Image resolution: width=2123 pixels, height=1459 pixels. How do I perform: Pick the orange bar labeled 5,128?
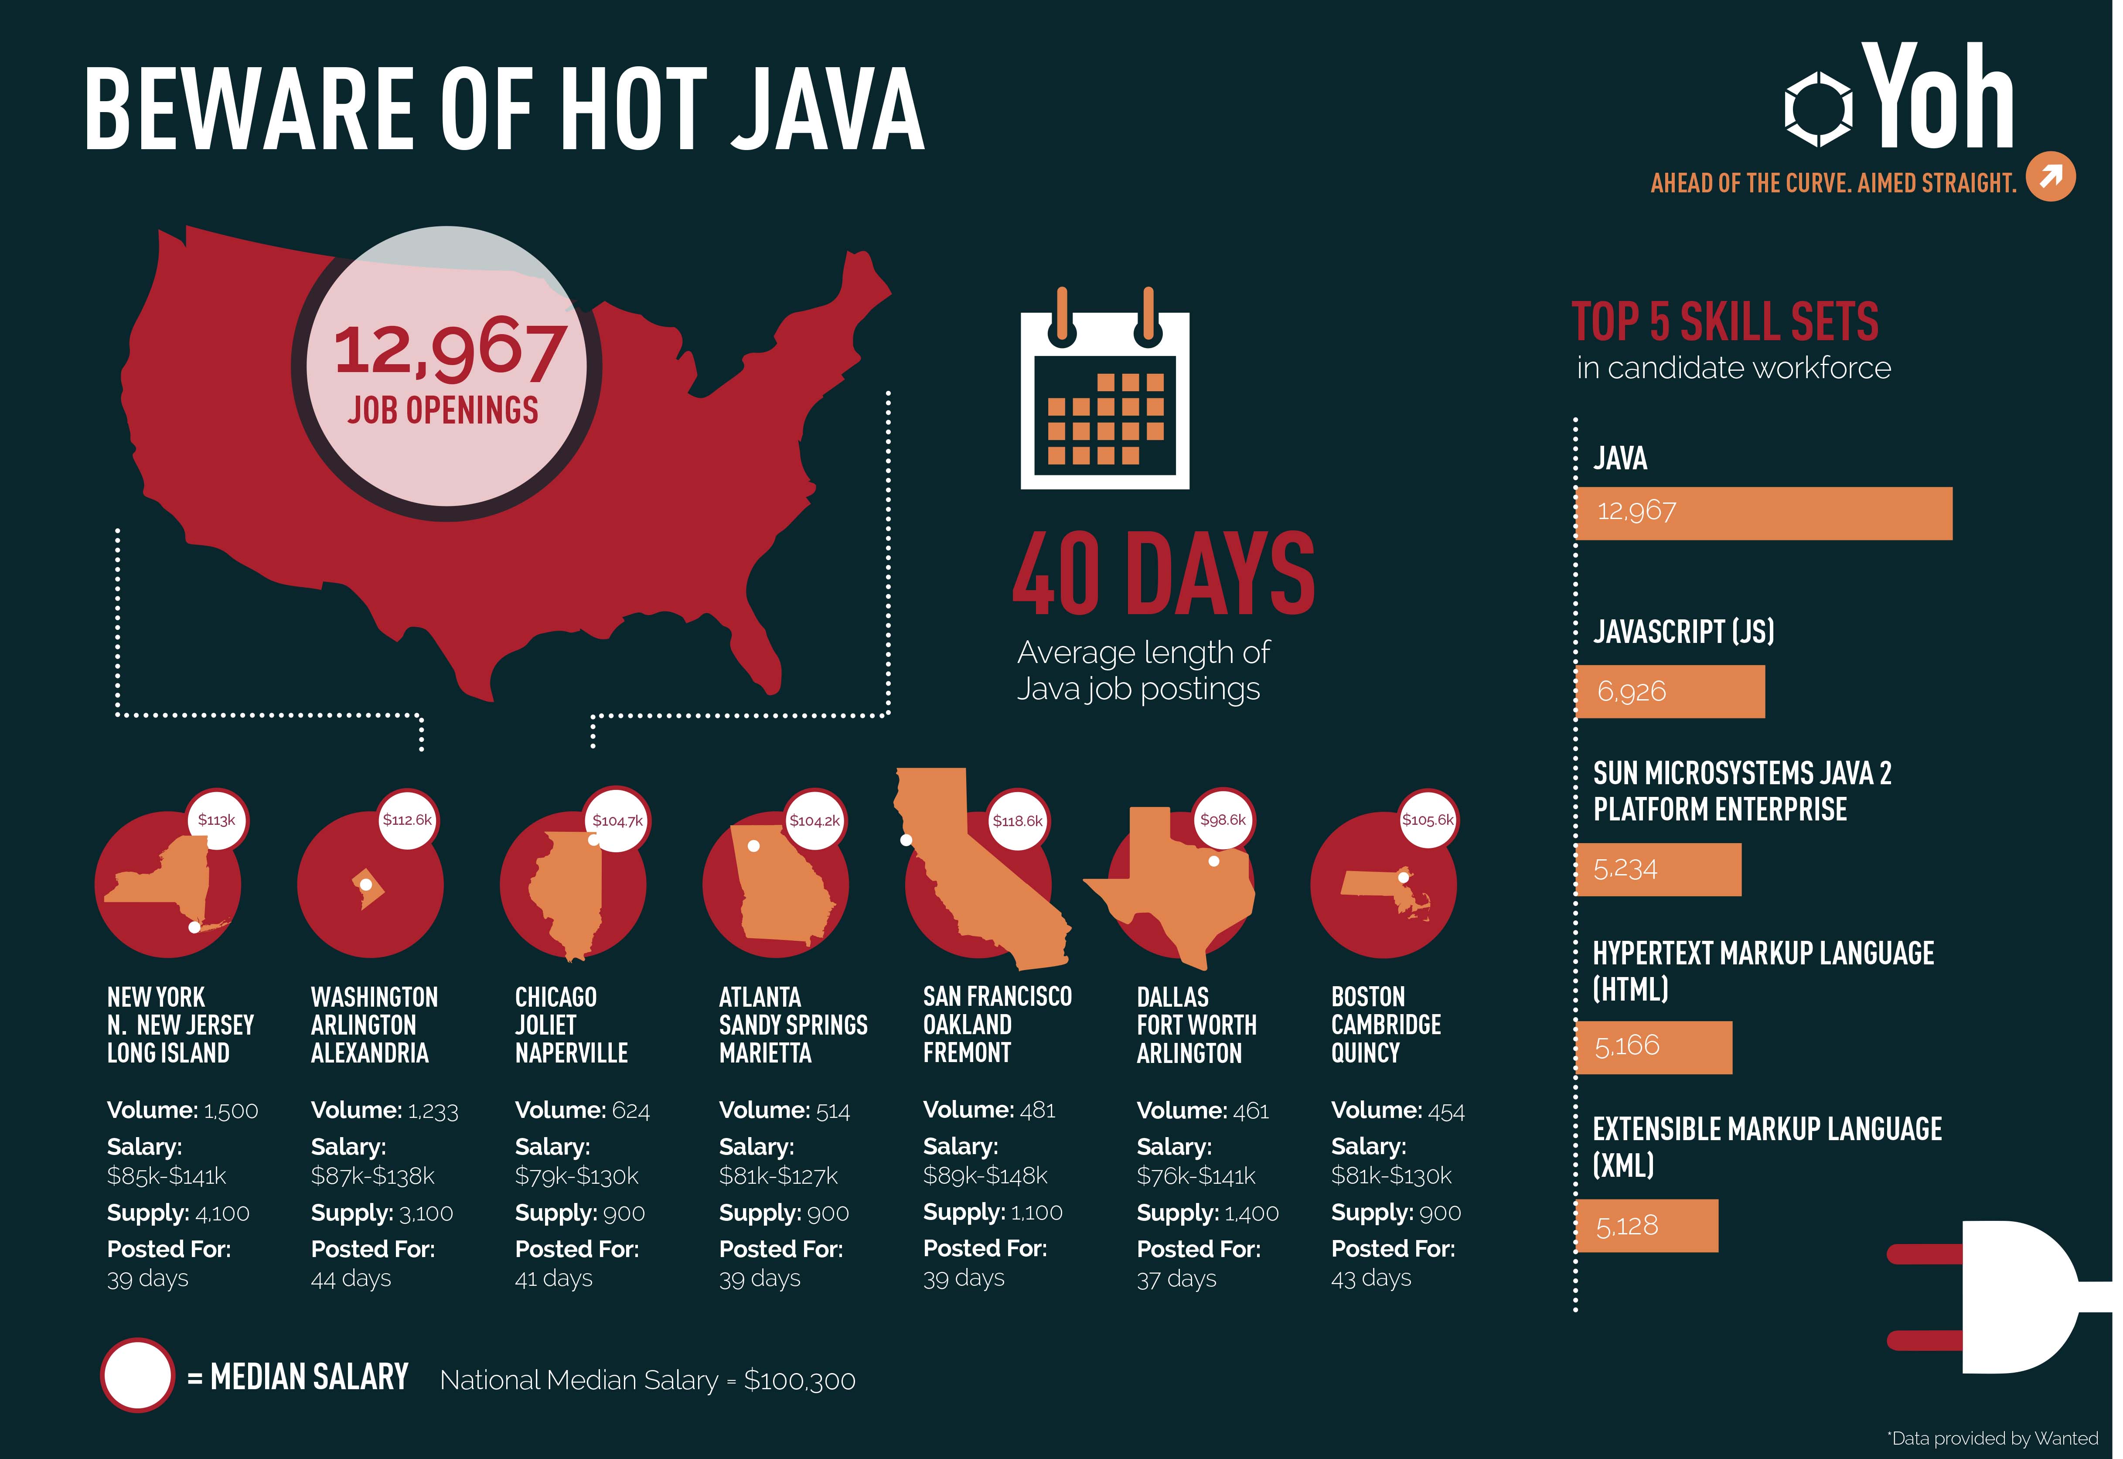[1647, 1225]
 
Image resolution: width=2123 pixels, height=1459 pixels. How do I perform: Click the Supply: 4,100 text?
[178, 1213]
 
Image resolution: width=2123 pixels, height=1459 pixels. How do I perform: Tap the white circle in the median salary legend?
[137, 1376]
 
